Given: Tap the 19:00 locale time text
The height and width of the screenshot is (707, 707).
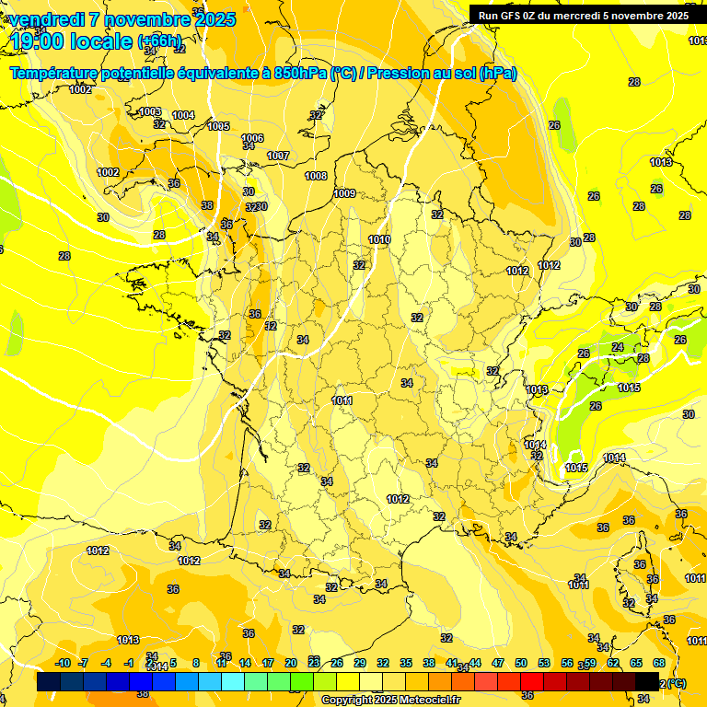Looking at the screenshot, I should point(71,41).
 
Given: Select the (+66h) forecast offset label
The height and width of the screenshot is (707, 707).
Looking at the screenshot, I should point(160,41).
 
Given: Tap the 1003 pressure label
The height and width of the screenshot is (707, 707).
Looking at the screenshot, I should point(150,111).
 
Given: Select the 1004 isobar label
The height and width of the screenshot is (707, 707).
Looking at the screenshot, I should point(183,115).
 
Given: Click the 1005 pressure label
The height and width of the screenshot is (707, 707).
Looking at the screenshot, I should point(218,126).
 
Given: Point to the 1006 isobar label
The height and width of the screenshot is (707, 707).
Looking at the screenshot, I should point(252,138).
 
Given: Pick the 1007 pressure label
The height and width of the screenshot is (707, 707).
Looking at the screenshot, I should point(279,156).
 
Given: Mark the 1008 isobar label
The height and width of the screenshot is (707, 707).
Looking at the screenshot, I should point(316,175).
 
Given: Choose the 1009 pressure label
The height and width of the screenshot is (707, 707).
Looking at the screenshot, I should point(345,193).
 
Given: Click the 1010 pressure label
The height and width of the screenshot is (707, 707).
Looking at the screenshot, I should point(379,239).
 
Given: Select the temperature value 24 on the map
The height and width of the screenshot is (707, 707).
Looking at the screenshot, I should point(618,347).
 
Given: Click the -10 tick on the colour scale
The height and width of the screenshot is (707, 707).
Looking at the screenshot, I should point(63,663).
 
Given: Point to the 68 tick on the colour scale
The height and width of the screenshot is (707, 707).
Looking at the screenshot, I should point(659,663).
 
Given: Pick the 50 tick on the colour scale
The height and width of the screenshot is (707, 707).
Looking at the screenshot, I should point(521,663).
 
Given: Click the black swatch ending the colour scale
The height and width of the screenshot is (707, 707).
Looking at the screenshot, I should point(647,681).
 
